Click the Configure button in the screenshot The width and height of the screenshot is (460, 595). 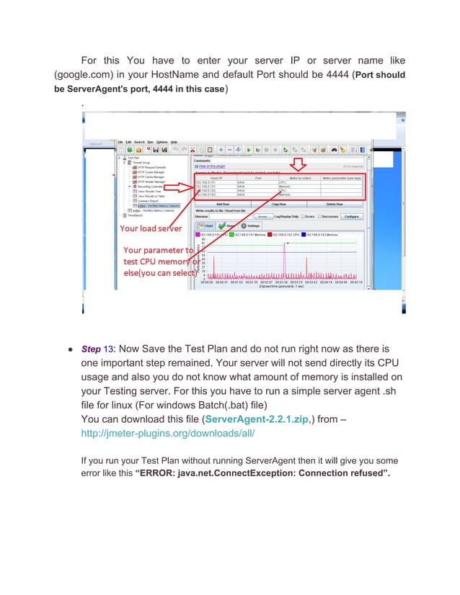[x=351, y=215]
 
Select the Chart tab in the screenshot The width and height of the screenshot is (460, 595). [x=207, y=225]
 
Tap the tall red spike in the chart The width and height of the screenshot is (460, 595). [x=286, y=263]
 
